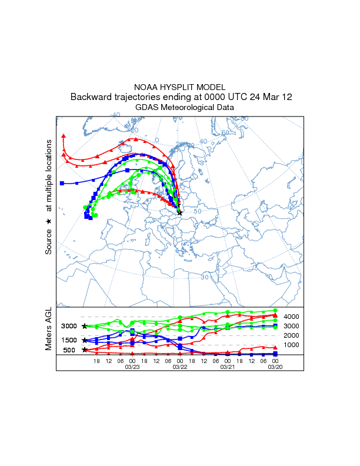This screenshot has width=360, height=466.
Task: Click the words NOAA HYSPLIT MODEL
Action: point(180,86)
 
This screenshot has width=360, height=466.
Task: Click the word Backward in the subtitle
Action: point(89,96)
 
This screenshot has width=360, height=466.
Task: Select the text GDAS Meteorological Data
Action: point(180,108)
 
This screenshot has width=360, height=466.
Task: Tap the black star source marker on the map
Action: point(180,213)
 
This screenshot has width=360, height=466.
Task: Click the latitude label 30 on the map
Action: point(205,277)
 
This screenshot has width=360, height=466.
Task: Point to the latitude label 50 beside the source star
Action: point(197,211)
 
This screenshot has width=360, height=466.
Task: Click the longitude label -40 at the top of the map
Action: point(115,115)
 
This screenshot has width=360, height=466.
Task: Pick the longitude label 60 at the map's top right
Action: point(224,133)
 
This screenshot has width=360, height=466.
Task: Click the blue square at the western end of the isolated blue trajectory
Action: point(62,184)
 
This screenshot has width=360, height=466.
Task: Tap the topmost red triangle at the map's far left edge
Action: point(64,137)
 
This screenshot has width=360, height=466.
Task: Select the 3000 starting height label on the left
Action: point(69,326)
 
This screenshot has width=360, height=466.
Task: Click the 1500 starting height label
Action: point(69,340)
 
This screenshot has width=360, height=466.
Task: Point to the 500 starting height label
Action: point(69,350)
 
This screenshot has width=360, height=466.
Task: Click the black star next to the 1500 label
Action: point(85,340)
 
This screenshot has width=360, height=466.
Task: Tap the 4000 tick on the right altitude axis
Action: point(292,317)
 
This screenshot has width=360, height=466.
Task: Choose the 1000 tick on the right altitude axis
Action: point(292,345)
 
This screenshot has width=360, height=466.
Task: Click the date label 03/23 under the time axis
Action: point(132,367)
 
